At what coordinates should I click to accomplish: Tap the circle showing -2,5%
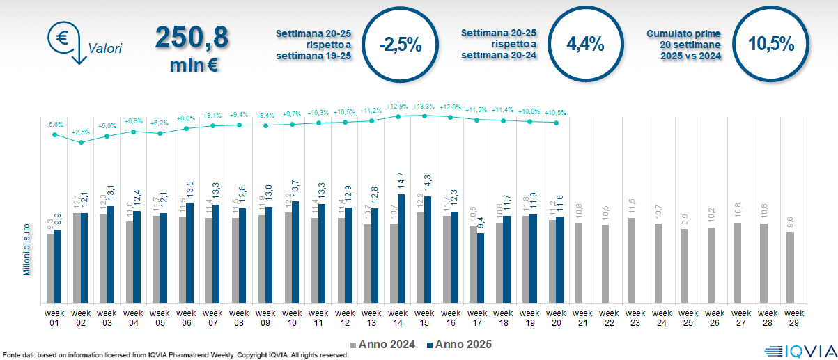tap(401, 45)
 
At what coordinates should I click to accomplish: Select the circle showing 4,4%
tap(585, 44)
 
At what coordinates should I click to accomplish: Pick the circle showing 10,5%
tap(771, 44)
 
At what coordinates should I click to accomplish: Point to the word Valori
tap(105, 49)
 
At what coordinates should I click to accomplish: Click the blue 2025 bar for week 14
tap(401, 249)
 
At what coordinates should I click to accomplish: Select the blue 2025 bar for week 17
tap(481, 268)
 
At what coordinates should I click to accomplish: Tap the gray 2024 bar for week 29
tap(790, 267)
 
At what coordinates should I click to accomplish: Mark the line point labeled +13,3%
tap(424, 116)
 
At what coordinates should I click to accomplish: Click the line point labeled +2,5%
tap(81, 142)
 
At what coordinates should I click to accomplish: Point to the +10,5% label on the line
tap(556, 112)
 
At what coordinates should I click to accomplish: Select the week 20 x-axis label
tap(557, 317)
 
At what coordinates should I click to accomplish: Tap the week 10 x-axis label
tap(292, 317)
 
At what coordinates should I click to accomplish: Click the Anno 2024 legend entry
tap(387, 344)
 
